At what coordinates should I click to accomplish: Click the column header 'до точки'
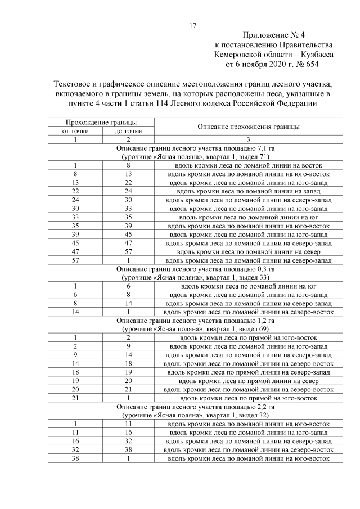[128, 131]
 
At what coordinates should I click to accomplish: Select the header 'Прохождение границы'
[101, 122]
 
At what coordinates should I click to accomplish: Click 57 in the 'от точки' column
[75, 260]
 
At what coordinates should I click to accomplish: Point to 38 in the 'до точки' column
[128, 450]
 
